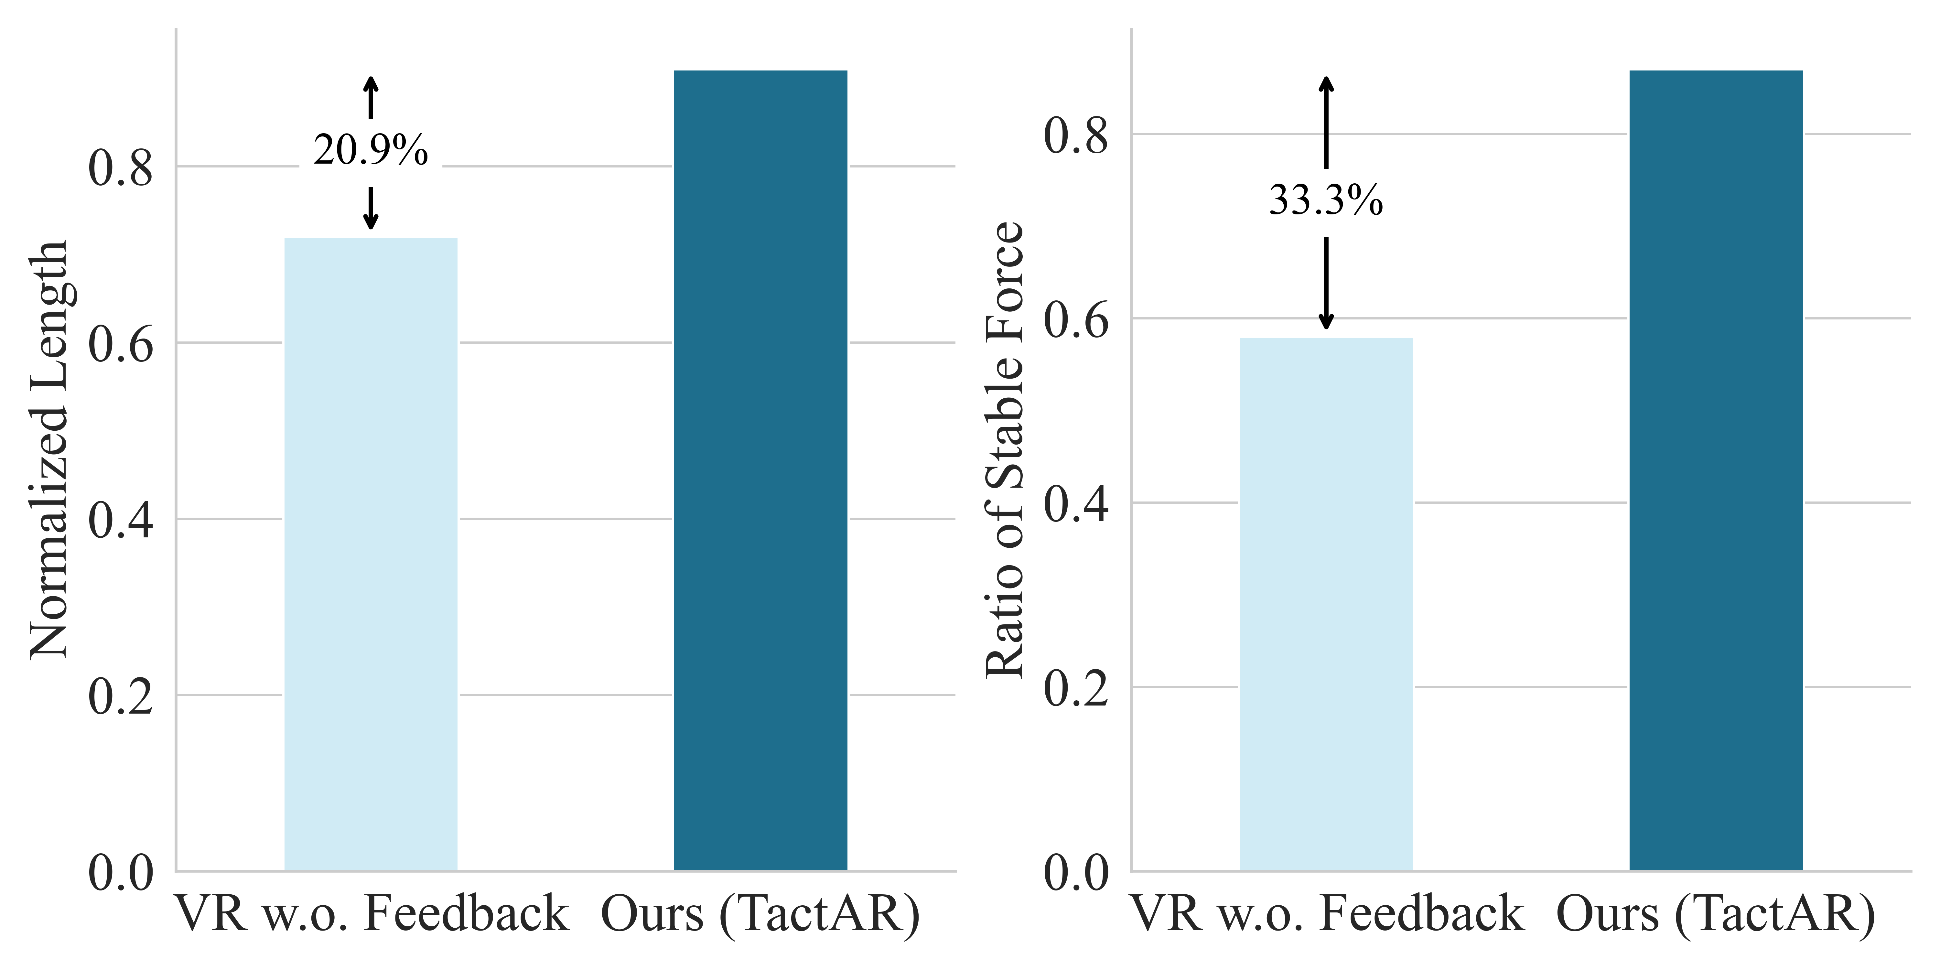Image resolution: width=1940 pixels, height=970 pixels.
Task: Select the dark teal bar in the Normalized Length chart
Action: [x=760, y=471]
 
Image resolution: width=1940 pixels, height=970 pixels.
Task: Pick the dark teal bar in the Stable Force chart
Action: [x=1716, y=471]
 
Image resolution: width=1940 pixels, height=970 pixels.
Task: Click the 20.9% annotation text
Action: [x=371, y=151]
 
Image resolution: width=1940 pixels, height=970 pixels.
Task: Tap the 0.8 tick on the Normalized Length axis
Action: [x=121, y=168]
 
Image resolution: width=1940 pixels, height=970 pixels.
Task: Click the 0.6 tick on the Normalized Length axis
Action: [x=121, y=344]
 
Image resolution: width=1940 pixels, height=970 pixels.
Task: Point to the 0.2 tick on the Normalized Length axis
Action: [x=121, y=697]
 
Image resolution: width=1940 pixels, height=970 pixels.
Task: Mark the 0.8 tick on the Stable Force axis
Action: [x=1076, y=135]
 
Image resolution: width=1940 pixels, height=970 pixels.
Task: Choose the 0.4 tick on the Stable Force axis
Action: [x=1076, y=504]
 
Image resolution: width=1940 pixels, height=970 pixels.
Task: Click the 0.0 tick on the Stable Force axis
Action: [x=1076, y=873]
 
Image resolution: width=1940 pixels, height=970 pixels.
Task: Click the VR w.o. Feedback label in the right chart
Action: [x=1327, y=914]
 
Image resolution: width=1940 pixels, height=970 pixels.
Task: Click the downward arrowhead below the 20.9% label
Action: [x=371, y=222]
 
